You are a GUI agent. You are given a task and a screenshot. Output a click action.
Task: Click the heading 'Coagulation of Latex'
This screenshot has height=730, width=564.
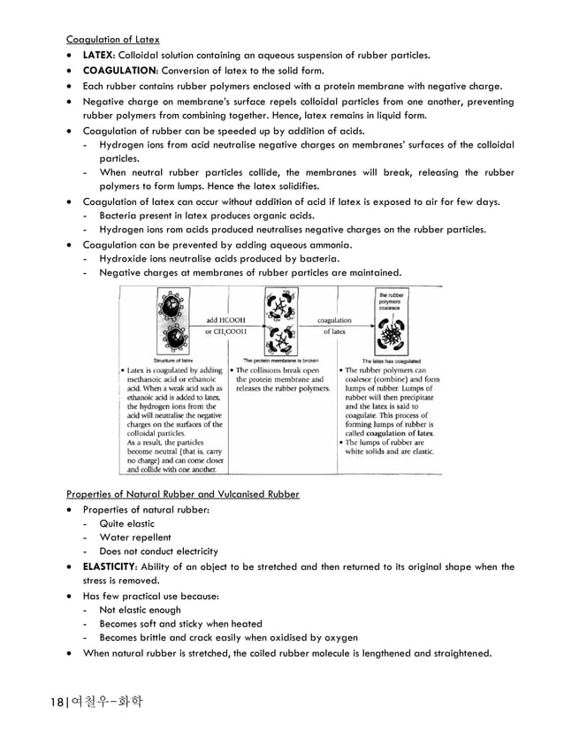click(113, 39)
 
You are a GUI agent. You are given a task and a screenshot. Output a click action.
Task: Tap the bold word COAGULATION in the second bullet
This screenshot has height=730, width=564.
click(120, 71)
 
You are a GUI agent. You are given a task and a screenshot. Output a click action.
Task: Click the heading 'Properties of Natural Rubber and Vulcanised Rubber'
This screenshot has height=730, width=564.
click(182, 493)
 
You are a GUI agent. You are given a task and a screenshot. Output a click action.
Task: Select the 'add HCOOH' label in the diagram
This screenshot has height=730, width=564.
click(225, 320)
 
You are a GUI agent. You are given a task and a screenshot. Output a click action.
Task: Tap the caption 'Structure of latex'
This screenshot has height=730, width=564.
click(174, 360)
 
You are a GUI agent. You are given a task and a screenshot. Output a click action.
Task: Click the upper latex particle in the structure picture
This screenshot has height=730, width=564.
click(168, 307)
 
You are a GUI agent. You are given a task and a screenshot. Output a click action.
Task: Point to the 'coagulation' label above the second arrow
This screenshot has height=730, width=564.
click(334, 320)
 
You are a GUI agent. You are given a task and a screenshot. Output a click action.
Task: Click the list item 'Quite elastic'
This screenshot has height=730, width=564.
click(126, 523)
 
